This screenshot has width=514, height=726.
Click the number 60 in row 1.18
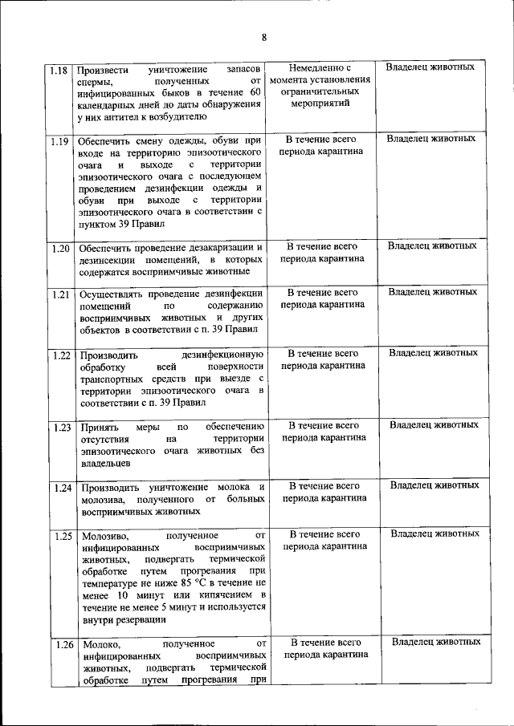coord(256,92)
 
